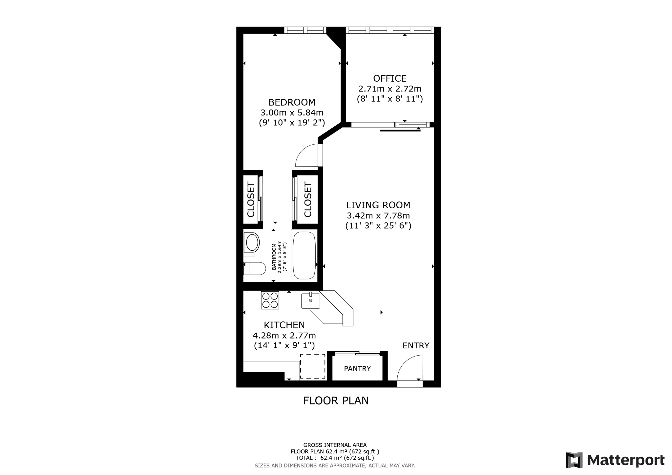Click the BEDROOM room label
tap(292, 102)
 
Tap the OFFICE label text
tap(390, 78)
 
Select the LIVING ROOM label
tap(378, 205)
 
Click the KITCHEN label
tap(284, 325)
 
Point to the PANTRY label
tap(357, 369)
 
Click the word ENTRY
tap(416, 346)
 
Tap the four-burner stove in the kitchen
tap(270, 300)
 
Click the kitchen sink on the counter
tap(311, 301)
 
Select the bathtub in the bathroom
tap(304, 256)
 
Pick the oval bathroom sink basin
tap(252, 243)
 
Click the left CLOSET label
tap(251, 199)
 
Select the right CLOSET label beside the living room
tap(308, 199)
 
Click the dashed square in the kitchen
tap(313, 366)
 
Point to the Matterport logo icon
tap(574, 460)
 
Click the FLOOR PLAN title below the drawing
tap(336, 401)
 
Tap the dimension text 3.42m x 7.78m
tap(378, 216)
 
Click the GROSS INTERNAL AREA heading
tap(335, 445)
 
